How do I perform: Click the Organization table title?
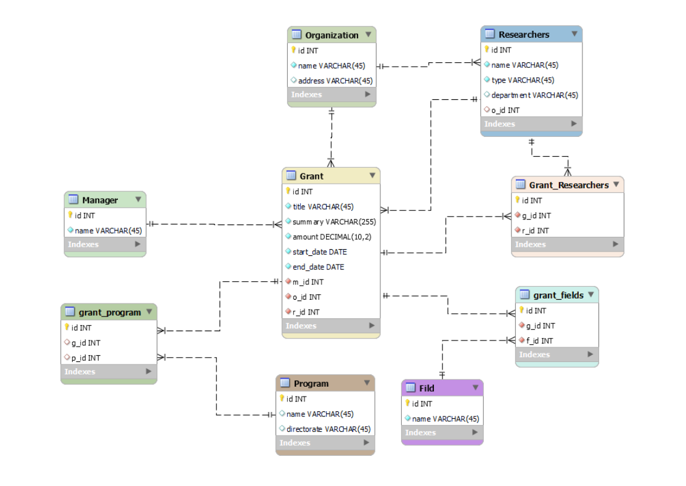pyautogui.click(x=332, y=35)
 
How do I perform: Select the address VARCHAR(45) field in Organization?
pyautogui.click(x=335, y=80)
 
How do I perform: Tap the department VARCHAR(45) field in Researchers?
pyautogui.click(x=534, y=95)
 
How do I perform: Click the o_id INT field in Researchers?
pyautogui.click(x=505, y=110)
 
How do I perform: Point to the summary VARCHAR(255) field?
pyautogui.click(x=333, y=221)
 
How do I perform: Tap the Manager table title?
pyautogui.click(x=100, y=200)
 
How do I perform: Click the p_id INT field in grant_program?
pyautogui.click(x=86, y=358)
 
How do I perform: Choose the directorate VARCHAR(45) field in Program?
pyautogui.click(x=329, y=429)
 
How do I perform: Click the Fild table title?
pyautogui.click(x=427, y=388)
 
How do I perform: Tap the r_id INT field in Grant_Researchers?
pyautogui.click(x=536, y=231)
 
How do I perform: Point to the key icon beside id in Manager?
pyautogui.click(x=71, y=215)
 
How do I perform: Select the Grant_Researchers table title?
pyautogui.click(x=568, y=185)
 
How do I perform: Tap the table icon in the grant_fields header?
pyautogui.click(x=525, y=295)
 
